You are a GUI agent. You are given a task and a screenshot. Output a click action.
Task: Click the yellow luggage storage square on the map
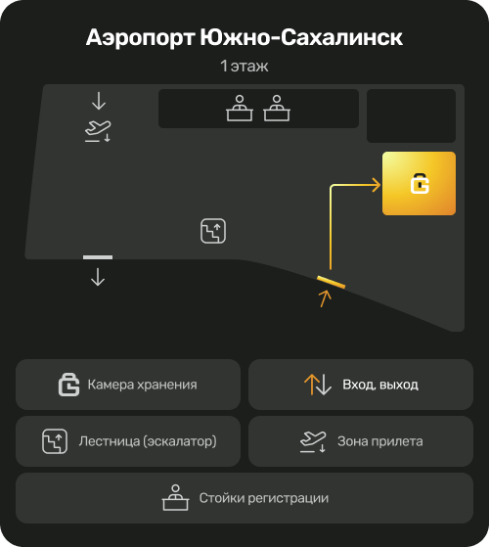point(419,183)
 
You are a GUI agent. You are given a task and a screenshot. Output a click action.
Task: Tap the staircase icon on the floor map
point(213,231)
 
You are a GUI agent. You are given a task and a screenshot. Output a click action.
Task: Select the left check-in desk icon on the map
point(240,109)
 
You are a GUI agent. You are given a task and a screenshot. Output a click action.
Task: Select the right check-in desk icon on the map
point(277,109)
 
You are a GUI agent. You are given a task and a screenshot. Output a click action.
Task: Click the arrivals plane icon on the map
point(98,131)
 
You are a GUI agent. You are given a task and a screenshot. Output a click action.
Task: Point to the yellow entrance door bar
point(332,282)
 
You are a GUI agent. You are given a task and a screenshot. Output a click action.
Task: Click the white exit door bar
point(98,257)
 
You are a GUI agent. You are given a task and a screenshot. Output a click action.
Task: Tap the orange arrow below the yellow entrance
point(326,299)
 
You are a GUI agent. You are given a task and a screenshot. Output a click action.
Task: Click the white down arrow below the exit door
point(98,277)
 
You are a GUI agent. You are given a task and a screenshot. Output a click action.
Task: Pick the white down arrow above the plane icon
point(99,101)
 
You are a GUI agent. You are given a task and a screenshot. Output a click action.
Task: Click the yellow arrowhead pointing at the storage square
point(377,185)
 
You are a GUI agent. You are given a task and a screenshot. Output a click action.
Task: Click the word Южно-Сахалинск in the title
point(301,37)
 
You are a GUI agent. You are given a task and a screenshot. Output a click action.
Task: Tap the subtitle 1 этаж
point(244,66)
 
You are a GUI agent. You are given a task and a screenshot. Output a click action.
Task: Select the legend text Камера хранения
point(142,385)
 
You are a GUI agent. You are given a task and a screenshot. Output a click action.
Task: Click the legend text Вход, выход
point(380,385)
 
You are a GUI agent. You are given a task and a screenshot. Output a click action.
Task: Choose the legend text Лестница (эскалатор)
point(148,441)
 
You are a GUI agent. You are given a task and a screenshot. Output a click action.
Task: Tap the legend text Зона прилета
point(379,441)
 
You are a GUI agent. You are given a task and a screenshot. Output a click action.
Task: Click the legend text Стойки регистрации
point(263,498)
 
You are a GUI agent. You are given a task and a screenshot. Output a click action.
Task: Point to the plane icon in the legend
point(313,441)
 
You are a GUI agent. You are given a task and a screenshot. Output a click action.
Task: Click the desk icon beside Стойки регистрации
point(176,497)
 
